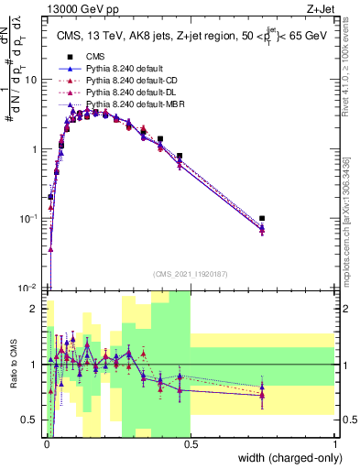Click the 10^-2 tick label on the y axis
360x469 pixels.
click(x=28, y=288)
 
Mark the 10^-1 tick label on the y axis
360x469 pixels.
click(x=28, y=219)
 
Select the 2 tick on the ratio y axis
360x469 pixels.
click(x=36, y=309)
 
